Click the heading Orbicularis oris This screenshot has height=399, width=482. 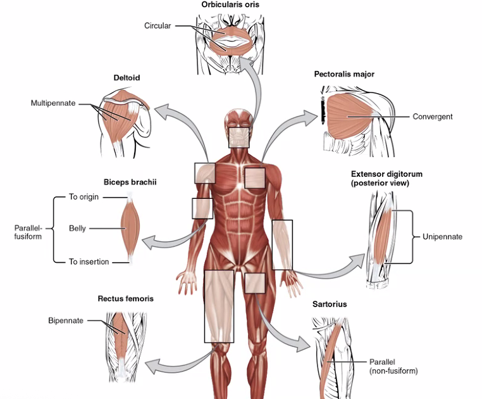[230, 5]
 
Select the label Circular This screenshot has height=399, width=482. [158, 26]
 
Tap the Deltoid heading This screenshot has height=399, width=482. [127, 78]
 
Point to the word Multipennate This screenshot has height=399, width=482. [53, 102]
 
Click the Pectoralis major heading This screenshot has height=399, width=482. [344, 74]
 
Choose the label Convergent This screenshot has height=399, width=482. [433, 117]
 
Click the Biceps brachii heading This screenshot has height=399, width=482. [130, 182]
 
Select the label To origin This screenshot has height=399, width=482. [85, 197]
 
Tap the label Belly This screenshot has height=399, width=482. [78, 228]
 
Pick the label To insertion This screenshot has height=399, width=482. [89, 262]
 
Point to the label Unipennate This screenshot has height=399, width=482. [442, 237]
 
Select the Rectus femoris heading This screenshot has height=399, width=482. [125, 298]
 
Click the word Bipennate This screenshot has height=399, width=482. [66, 320]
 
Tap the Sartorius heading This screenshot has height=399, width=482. [330, 304]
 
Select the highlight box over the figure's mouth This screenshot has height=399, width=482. [240, 137]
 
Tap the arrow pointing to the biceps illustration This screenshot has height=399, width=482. [171, 237]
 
